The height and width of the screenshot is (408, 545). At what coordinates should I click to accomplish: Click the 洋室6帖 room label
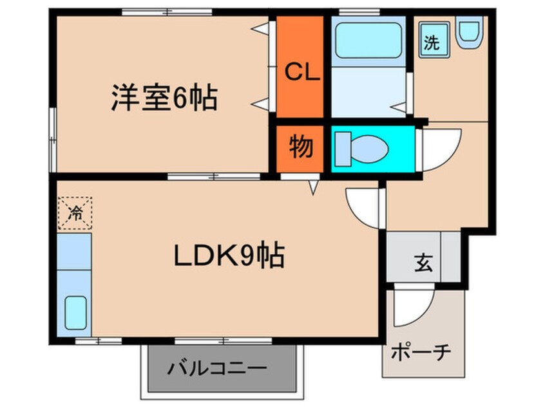coord(163,98)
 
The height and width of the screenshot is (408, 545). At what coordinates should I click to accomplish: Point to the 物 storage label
coord(300,147)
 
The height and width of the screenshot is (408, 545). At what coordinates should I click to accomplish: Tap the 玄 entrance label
coord(423,263)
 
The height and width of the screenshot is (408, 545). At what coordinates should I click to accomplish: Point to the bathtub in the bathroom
coord(368,41)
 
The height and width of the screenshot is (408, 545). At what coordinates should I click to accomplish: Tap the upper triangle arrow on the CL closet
coord(262,29)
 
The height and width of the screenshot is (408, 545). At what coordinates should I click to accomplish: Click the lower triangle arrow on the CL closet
coord(261,102)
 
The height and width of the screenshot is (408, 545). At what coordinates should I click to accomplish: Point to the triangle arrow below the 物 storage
coord(313,187)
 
